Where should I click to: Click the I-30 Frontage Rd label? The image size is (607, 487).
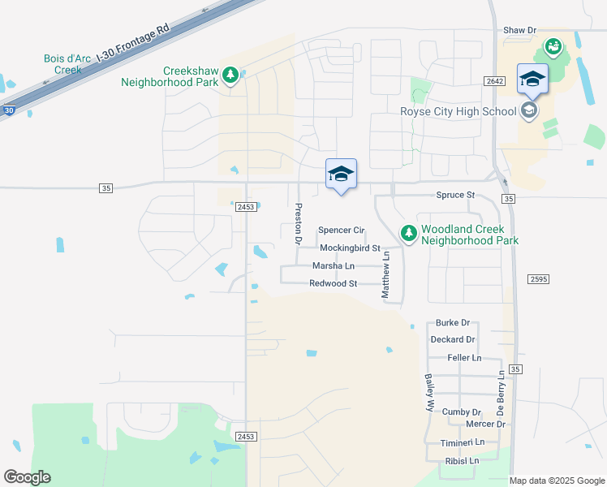(x=133, y=41)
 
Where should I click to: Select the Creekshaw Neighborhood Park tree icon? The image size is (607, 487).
(x=231, y=75)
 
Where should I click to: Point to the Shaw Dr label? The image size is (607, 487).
(x=520, y=30)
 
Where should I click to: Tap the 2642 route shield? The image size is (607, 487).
(x=494, y=80)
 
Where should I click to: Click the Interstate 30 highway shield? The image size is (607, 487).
(x=8, y=110)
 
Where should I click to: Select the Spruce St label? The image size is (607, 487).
(x=454, y=196)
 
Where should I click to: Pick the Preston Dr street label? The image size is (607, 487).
(x=298, y=224)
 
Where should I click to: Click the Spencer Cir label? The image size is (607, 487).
(x=341, y=231)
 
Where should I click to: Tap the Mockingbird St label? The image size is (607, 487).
(x=350, y=248)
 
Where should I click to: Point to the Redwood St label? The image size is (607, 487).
(x=334, y=283)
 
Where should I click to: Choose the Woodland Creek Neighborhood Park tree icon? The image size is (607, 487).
(x=408, y=234)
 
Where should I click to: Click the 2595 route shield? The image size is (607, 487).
(x=538, y=279)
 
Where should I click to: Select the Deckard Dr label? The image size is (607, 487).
(x=453, y=339)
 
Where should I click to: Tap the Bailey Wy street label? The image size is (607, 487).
(x=428, y=394)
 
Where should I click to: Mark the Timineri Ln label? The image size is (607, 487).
(x=463, y=442)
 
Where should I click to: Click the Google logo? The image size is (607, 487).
(x=27, y=477)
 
